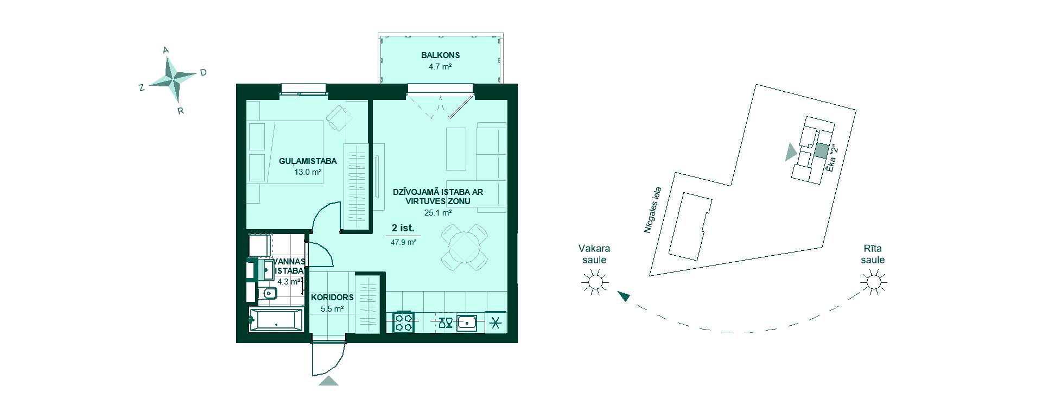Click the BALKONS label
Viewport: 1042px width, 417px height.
click(440, 55)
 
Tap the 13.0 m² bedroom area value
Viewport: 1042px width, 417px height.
click(308, 172)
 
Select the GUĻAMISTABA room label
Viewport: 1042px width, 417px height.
click(308, 161)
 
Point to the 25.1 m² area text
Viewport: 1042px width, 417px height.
click(438, 213)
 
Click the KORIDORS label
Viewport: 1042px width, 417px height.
click(332, 298)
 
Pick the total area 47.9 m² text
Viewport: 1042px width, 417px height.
click(403, 243)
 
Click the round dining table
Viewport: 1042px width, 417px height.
click(465, 247)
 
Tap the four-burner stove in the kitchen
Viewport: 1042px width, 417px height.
click(403, 321)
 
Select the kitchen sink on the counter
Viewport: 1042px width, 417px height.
click(467, 323)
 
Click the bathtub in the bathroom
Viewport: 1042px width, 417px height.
click(276, 319)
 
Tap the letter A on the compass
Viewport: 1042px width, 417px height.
click(166, 50)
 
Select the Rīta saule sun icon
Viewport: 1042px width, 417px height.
click(874, 282)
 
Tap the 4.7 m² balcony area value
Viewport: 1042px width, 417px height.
click(440, 67)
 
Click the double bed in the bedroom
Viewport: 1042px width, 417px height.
click(285, 153)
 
